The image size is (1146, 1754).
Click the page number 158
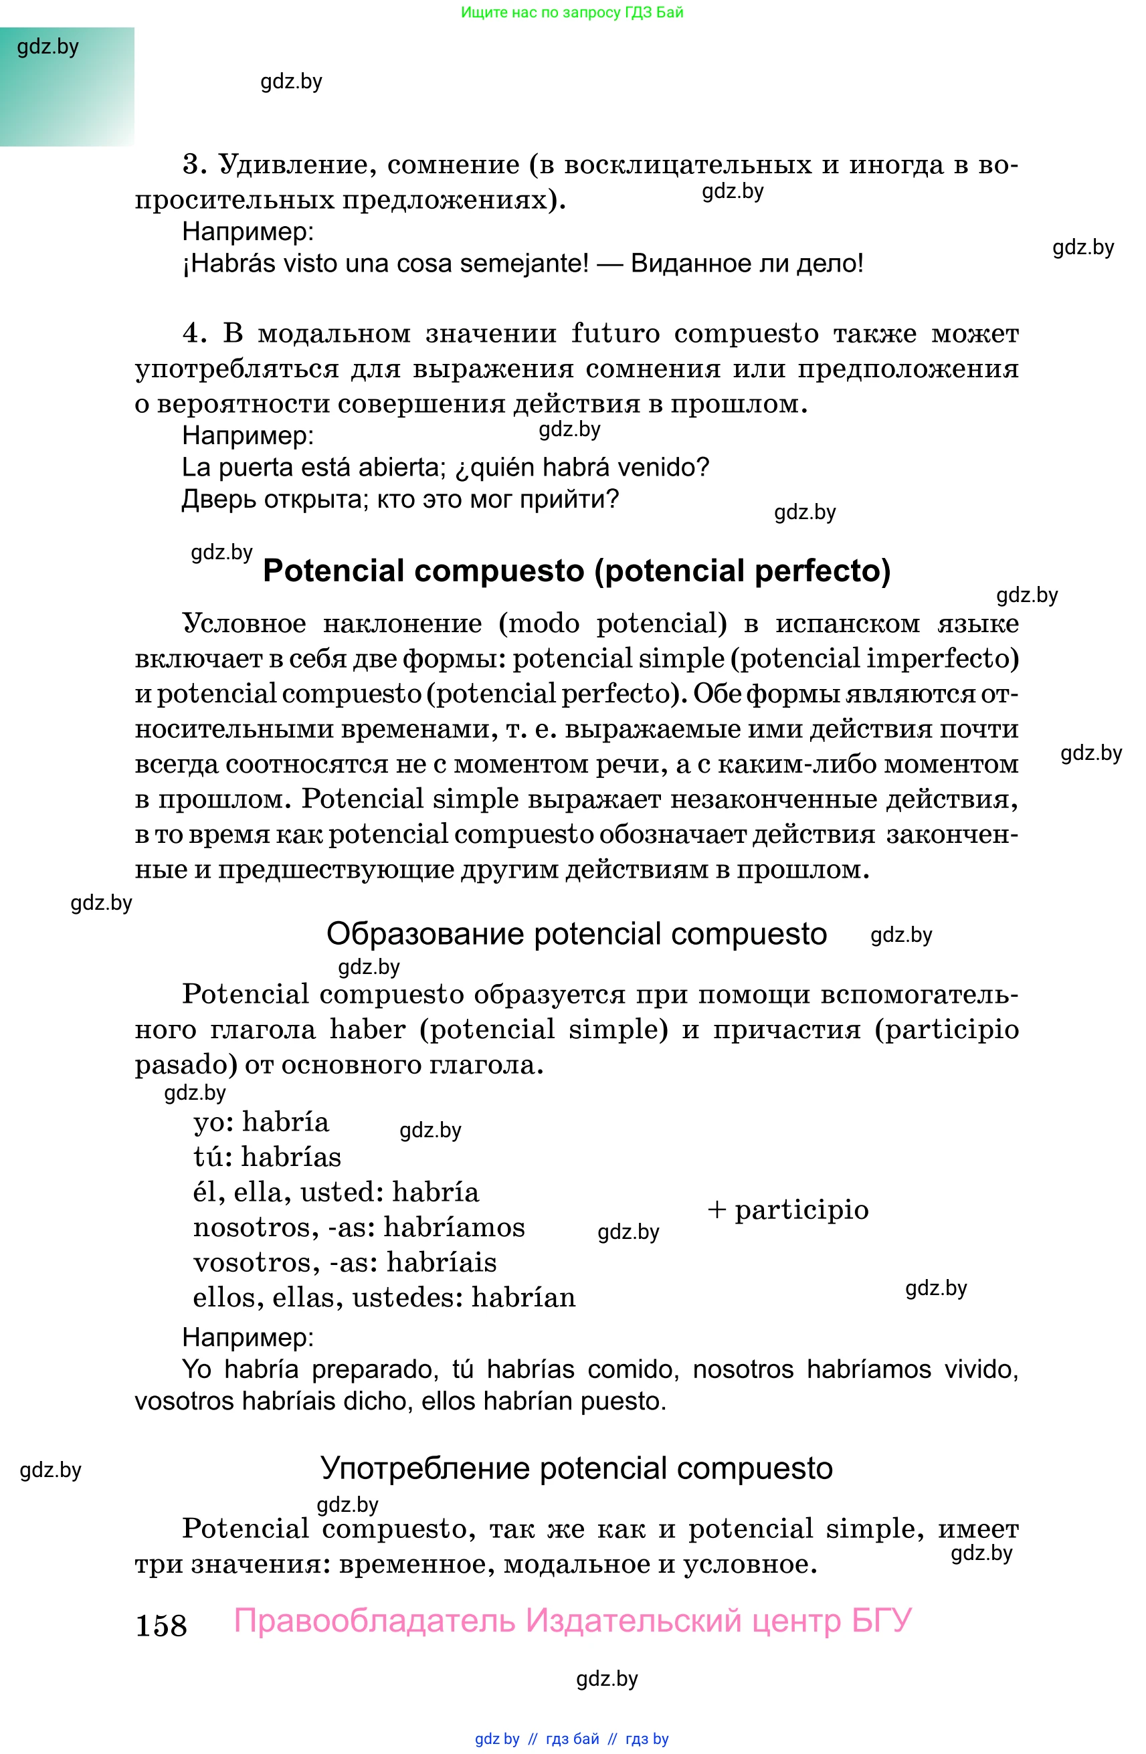(161, 1626)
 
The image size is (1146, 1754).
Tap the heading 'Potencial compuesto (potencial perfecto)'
(576, 571)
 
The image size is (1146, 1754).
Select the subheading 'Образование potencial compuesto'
(576, 934)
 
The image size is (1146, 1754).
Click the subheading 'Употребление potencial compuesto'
(576, 1469)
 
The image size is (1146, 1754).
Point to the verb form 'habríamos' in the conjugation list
(454, 1228)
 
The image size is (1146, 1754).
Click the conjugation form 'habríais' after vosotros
(442, 1262)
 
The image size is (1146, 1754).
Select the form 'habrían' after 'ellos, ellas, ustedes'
(523, 1298)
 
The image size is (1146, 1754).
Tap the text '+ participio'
(788, 1209)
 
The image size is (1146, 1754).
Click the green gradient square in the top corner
(66, 87)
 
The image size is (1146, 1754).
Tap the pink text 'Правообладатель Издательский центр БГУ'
(573, 1621)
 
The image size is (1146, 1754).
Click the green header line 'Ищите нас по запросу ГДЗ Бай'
(572, 13)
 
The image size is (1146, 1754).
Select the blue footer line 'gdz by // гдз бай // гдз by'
(572, 1739)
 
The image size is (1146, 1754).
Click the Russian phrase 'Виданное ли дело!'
(747, 263)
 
